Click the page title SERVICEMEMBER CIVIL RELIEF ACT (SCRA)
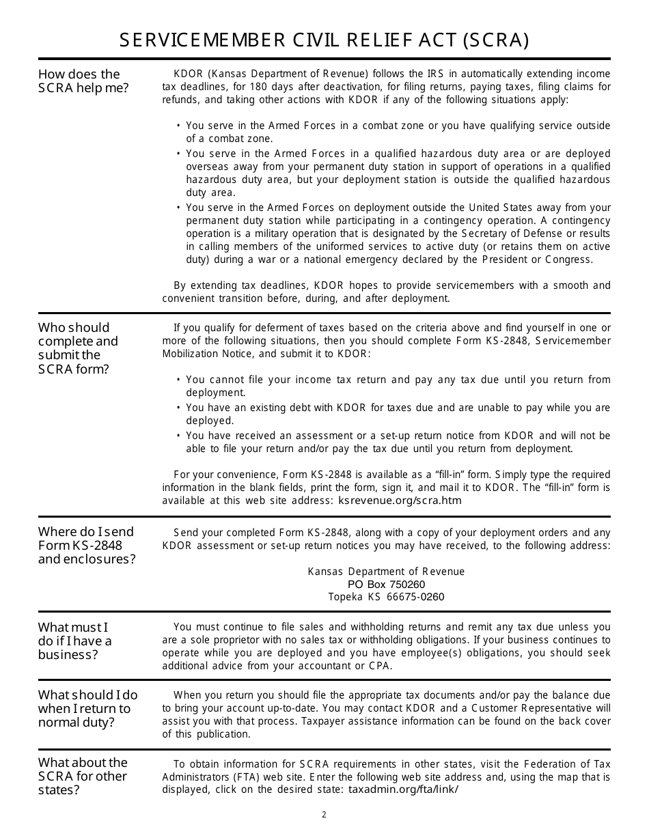pos(324,41)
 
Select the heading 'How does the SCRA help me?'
pos(83,81)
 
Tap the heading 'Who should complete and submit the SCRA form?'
pos(78,348)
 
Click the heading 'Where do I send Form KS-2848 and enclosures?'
pos(87,545)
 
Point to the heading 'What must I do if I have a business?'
pos(74,641)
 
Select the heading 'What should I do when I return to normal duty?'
pos(87,708)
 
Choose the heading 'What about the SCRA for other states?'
pos(83,776)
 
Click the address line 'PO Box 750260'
pos(386,585)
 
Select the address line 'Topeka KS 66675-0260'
pos(386,597)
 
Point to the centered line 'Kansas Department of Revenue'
pos(386,572)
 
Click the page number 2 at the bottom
pos(324,815)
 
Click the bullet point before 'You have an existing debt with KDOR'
pos(178,408)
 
